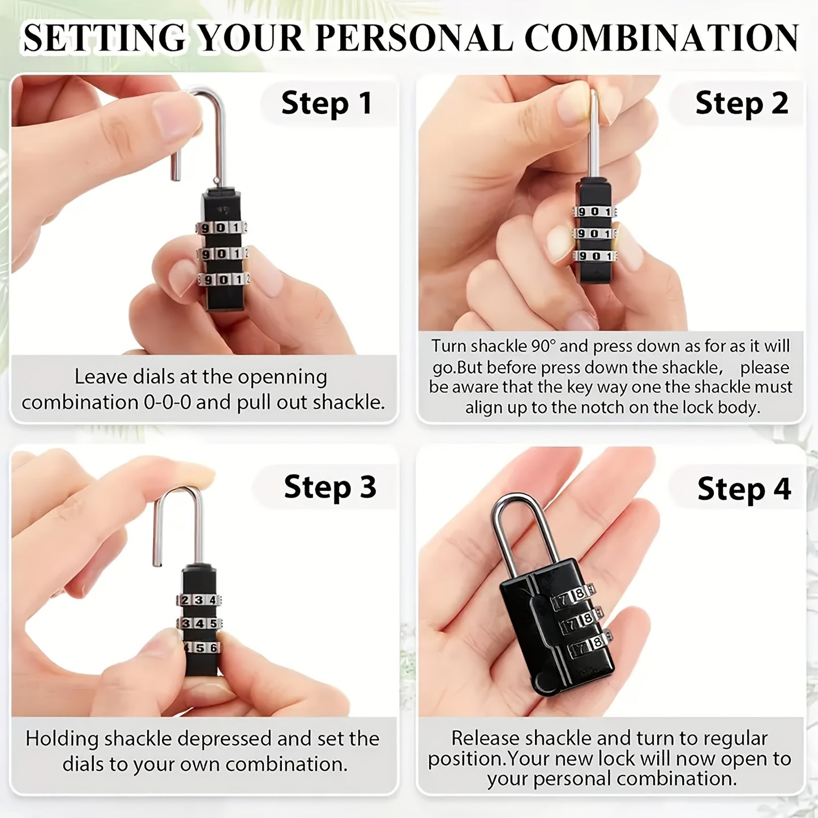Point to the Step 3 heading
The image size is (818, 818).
tap(330, 487)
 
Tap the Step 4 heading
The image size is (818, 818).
tap(744, 490)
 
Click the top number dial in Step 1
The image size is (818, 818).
tap(221, 228)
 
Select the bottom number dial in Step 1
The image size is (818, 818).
tap(224, 280)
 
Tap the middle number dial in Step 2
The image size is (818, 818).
tap(594, 234)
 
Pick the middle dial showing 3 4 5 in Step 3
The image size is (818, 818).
tap(199, 624)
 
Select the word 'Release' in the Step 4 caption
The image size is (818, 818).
tap(485, 738)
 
